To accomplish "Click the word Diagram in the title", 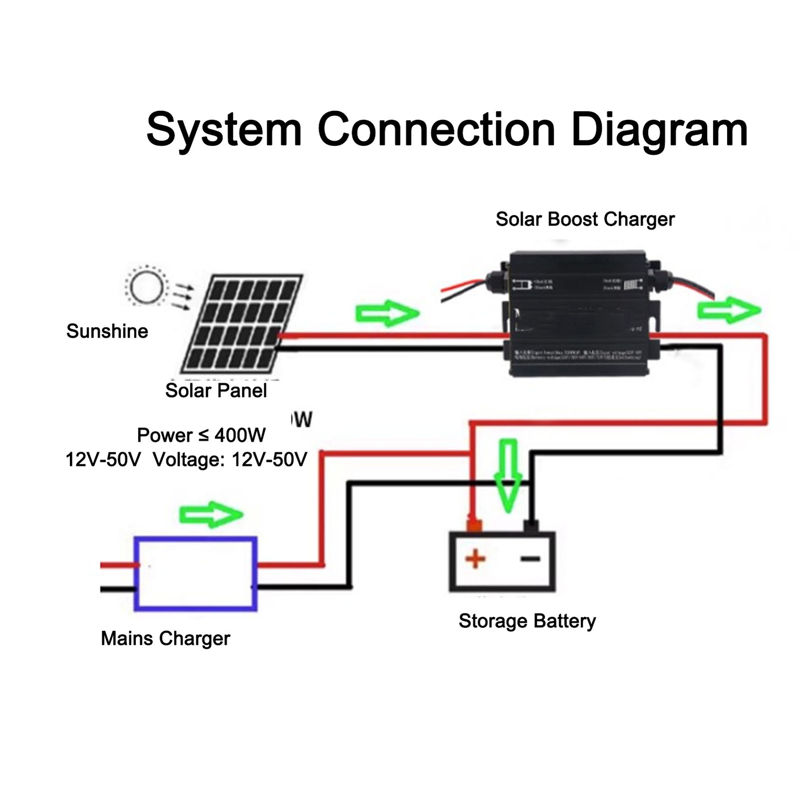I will click(x=659, y=130).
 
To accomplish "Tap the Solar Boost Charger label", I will click(x=585, y=219).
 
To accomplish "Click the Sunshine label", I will click(x=107, y=331).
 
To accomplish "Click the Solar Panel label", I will click(x=216, y=390).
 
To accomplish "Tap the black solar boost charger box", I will click(x=579, y=315).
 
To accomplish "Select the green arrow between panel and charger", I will click(x=387, y=314).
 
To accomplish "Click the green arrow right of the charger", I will click(x=729, y=310).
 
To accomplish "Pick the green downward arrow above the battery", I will click(x=508, y=474).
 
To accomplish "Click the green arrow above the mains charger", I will click(x=211, y=514).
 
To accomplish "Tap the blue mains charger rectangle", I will click(x=196, y=574).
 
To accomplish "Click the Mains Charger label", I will click(x=165, y=638).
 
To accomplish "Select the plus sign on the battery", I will click(x=475, y=559).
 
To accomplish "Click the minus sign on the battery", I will click(x=530, y=559).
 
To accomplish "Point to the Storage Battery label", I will click(x=527, y=621).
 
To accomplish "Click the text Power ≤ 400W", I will click(x=201, y=435).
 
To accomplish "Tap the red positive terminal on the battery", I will click(x=474, y=525).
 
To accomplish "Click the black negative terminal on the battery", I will click(x=530, y=525).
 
